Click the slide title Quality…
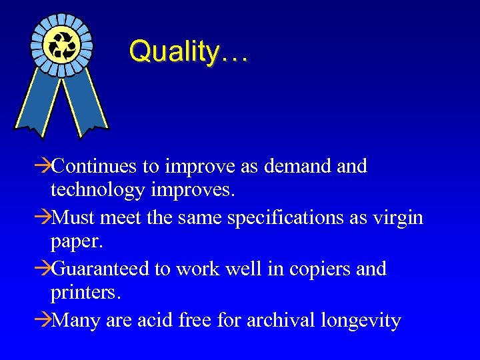[x=188, y=51]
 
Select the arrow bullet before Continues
[x=43, y=166]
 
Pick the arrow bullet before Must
[x=43, y=218]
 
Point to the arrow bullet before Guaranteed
[x=43, y=270]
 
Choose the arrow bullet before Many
[x=43, y=321]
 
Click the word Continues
[x=95, y=166]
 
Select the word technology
[x=98, y=191]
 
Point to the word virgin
[x=397, y=218]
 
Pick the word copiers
[x=318, y=270]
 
